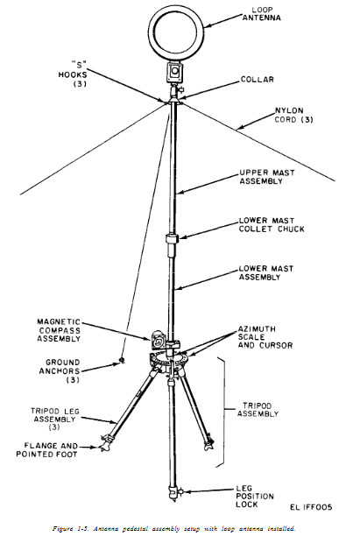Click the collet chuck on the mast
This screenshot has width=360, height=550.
click(x=173, y=240)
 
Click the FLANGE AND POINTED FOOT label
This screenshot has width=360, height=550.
click(x=56, y=449)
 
